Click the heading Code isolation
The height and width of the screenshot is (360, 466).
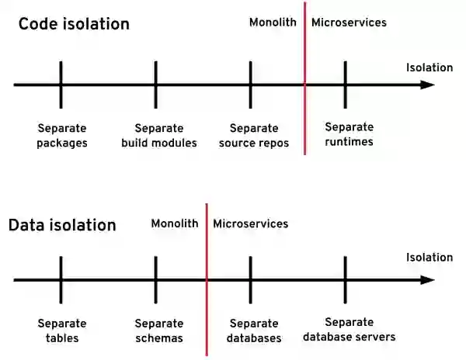point(74,24)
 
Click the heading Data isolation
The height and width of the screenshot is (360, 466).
point(62,226)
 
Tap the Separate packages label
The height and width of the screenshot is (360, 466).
point(62,135)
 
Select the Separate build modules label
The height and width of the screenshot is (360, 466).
point(159,135)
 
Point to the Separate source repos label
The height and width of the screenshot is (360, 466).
point(254,135)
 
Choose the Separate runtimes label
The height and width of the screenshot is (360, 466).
point(349,133)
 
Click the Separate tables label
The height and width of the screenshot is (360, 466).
point(62,331)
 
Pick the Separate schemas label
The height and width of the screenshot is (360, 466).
point(159,331)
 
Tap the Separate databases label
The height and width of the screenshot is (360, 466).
point(253,331)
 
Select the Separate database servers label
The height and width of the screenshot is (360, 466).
point(349,329)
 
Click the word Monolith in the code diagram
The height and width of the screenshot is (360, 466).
point(273,22)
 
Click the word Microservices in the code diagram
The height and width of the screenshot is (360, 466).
point(349,22)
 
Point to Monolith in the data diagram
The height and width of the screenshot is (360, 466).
point(176,223)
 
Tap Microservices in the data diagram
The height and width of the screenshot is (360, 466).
point(250,223)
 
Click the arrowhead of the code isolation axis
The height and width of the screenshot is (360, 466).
point(427,84)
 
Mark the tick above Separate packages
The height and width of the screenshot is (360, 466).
point(61,84)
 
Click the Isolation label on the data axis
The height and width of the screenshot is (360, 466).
point(429,258)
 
